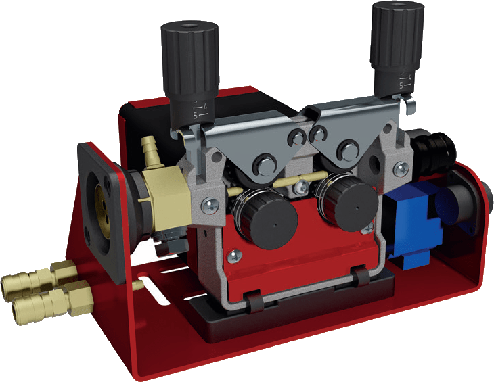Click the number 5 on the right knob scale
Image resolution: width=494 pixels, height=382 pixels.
[x=401, y=85]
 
